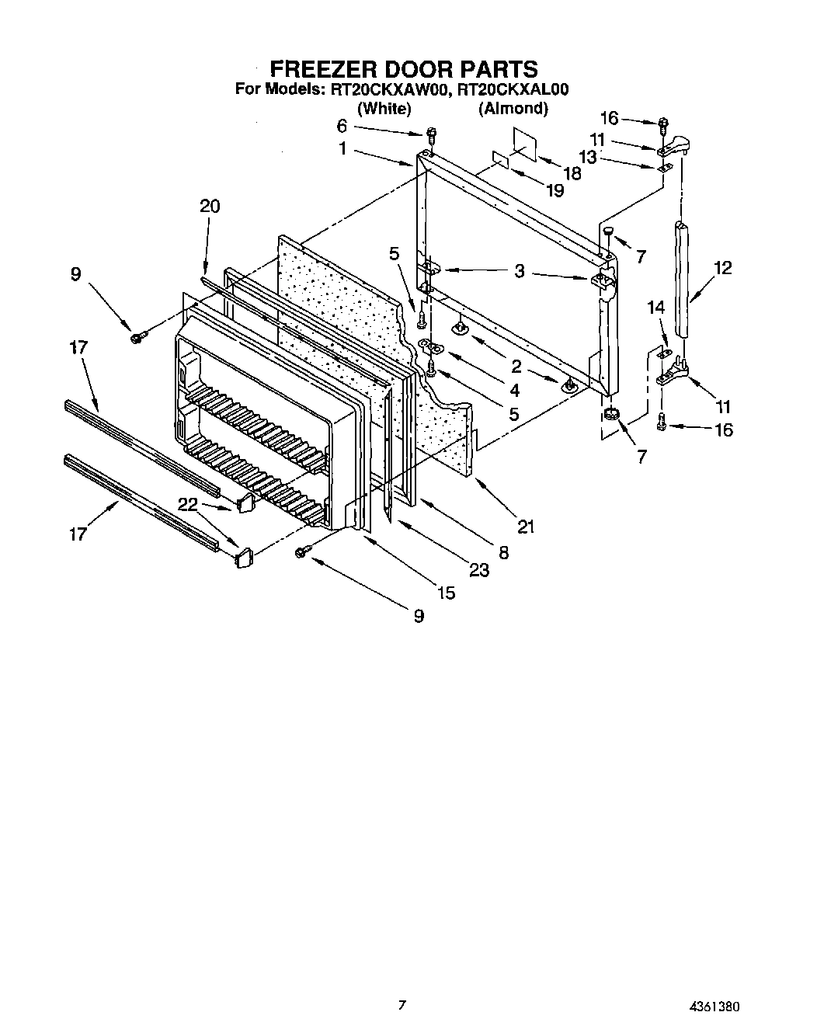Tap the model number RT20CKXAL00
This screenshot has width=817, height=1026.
click(x=513, y=89)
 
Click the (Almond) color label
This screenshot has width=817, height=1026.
click(x=513, y=109)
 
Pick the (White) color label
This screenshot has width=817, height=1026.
click(x=384, y=109)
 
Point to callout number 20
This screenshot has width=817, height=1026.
click(x=210, y=206)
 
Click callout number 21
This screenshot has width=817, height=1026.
click(x=526, y=527)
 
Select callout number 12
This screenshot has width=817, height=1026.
click(x=722, y=268)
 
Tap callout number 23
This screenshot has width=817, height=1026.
click(x=479, y=570)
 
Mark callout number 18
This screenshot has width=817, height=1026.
click(x=572, y=173)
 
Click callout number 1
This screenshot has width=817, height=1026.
click(x=342, y=148)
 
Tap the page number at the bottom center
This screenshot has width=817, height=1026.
click(x=402, y=1004)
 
